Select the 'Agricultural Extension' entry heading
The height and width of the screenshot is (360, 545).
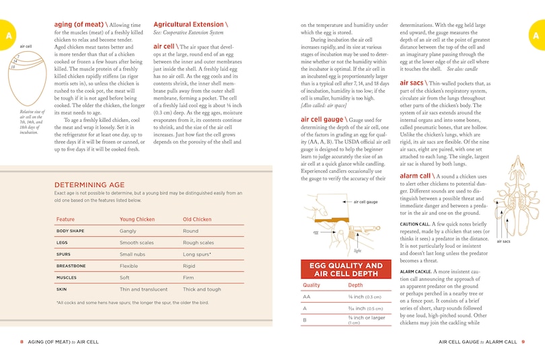coord(189,25)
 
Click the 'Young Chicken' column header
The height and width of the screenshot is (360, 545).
coord(137,219)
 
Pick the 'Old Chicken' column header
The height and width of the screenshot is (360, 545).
coord(197,219)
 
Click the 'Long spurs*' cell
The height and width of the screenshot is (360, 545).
coord(197,254)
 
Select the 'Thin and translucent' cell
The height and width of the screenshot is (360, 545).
coord(145,289)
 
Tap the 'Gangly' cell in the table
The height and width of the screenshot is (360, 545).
coord(128,231)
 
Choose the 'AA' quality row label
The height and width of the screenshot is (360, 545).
coord(307,297)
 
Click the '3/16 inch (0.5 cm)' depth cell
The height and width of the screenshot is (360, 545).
coord(365,309)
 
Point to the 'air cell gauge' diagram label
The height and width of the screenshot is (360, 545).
coord(365,201)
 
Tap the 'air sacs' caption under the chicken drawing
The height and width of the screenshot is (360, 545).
coord(504,240)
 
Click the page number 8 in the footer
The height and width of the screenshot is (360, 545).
coord(22,342)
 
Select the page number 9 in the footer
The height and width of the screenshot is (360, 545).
coord(523,342)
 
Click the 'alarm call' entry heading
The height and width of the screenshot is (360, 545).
coord(416,176)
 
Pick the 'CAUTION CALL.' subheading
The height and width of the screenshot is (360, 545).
coord(414,223)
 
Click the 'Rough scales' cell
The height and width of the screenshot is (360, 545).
coord(198,243)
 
